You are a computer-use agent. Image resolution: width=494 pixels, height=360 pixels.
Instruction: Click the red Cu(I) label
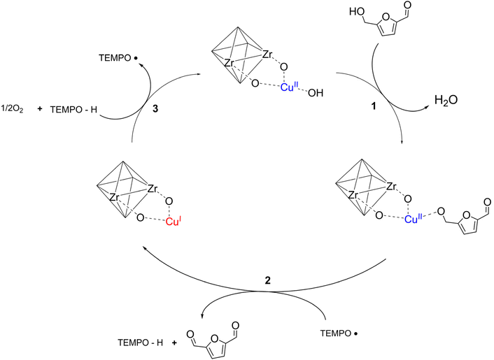(174, 222)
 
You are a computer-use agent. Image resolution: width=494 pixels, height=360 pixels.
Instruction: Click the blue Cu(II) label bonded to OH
(289, 87)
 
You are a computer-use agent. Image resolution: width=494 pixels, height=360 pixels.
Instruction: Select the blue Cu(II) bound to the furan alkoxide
(414, 219)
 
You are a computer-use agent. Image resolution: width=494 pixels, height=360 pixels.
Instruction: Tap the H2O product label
(446, 100)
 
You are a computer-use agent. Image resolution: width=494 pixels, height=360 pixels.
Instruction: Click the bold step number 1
(374, 106)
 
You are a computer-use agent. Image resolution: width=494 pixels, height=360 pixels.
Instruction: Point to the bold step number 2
(267, 280)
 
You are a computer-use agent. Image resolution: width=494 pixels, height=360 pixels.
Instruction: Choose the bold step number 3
(155, 109)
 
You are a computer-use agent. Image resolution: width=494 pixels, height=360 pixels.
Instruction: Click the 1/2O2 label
(13, 110)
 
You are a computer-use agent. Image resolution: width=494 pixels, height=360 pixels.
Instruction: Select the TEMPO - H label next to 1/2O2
(73, 110)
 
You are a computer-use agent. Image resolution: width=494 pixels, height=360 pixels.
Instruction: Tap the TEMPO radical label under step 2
(339, 333)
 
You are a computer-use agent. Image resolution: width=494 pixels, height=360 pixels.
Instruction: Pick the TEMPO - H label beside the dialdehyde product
(141, 343)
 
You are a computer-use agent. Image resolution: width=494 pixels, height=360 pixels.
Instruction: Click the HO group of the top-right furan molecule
(357, 12)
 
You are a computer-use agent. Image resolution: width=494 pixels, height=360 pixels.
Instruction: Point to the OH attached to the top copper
(316, 93)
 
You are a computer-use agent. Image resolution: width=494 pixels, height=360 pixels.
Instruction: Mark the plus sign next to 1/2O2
(40, 109)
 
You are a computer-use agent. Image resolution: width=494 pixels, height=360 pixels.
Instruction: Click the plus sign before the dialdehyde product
(174, 343)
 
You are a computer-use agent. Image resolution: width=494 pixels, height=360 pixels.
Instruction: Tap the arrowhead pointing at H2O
(426, 108)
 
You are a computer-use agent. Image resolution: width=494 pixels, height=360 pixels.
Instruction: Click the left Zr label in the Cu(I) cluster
(114, 198)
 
